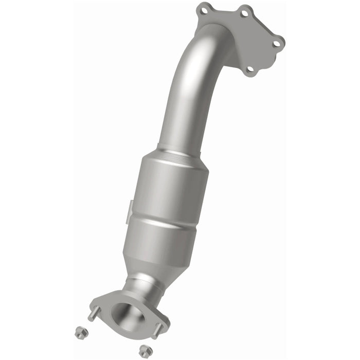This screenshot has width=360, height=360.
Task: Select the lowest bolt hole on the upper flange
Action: coord(250,69)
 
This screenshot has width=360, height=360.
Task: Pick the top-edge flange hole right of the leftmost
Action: coord(245,13)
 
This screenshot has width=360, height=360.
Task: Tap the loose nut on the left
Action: coord(80,333)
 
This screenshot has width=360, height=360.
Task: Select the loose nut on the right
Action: coord(144,351)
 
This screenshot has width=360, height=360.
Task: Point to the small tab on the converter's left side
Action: coord(131,208)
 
